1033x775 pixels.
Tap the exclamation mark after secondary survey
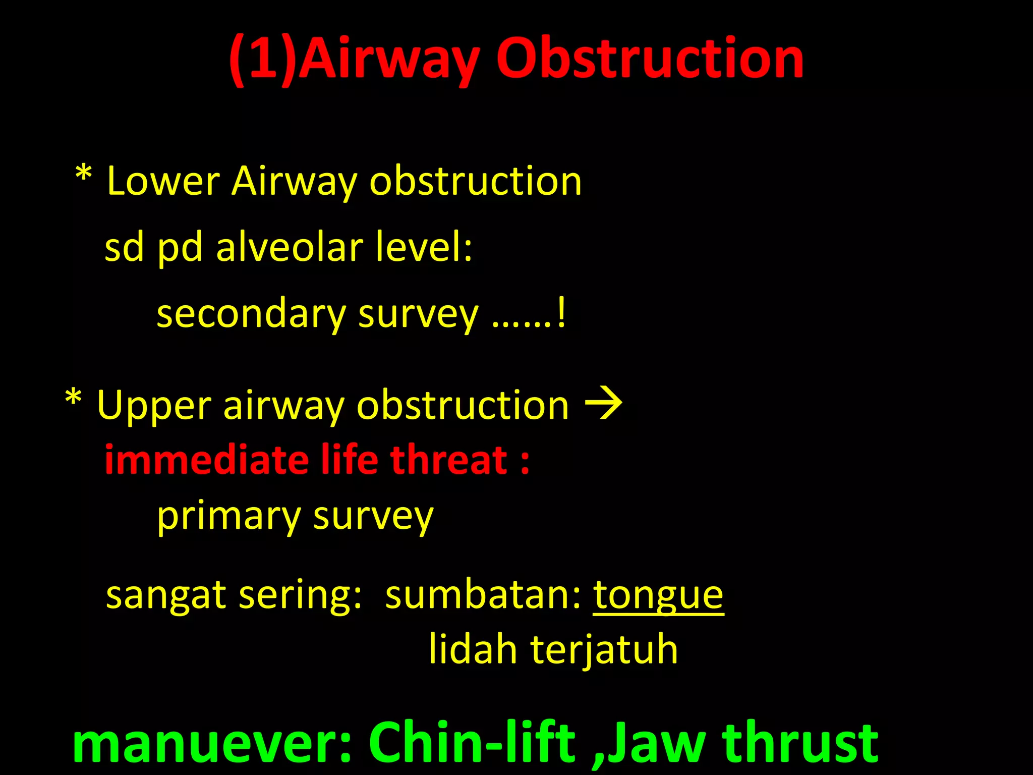click(562, 313)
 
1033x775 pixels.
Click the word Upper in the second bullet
click(154, 406)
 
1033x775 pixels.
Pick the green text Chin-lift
click(472, 743)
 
